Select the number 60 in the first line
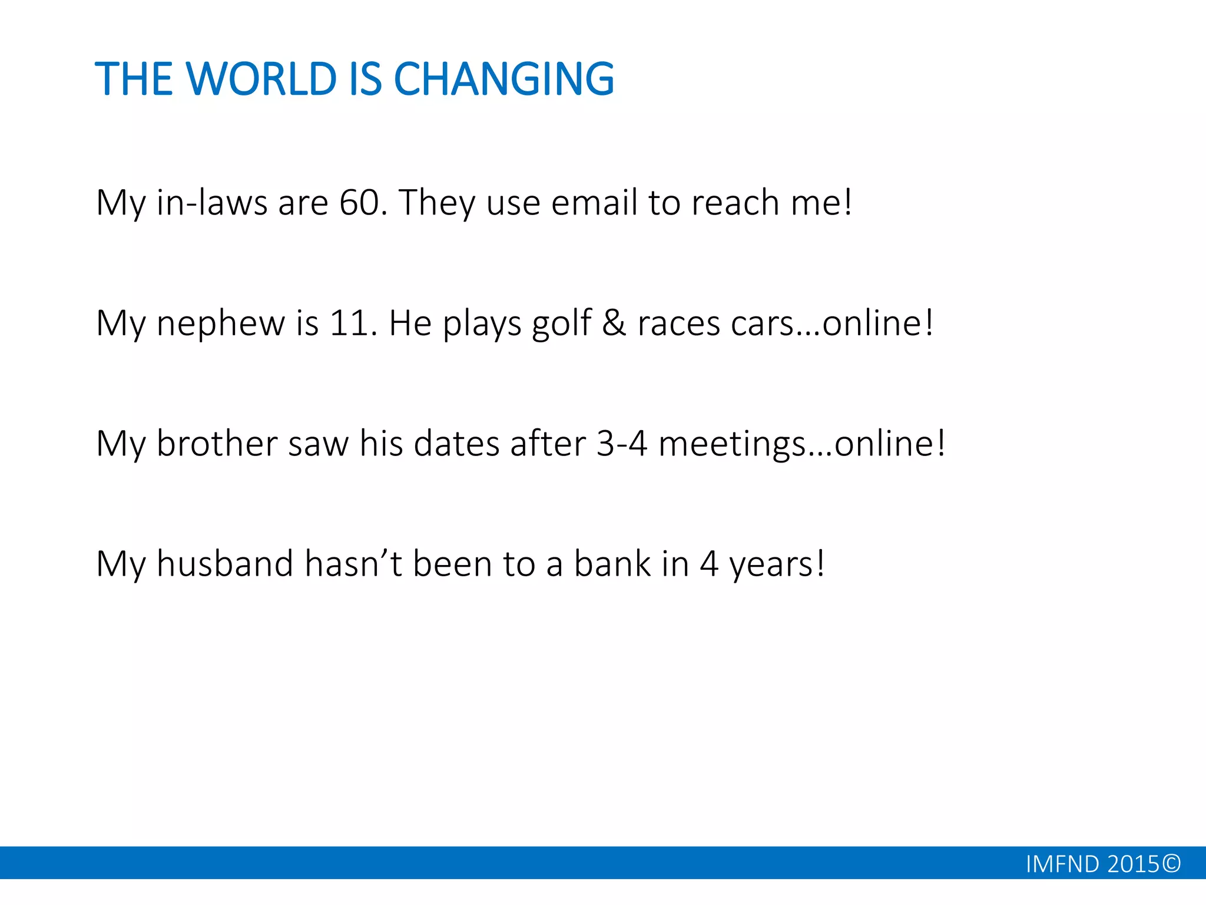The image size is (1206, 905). (359, 203)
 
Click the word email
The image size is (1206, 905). (594, 203)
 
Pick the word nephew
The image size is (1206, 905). (220, 324)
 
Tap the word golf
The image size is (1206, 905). (561, 324)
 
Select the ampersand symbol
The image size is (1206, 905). (614, 323)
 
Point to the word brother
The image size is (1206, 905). (217, 443)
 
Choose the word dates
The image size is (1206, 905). (457, 443)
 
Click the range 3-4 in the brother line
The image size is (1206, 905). (622, 443)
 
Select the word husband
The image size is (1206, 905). (224, 563)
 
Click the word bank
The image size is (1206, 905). (612, 563)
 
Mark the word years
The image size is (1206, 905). (771, 564)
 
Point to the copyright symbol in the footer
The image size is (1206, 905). (1172, 863)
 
